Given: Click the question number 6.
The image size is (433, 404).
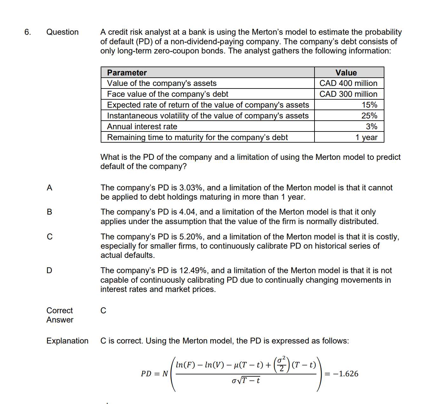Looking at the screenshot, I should click(x=28, y=32).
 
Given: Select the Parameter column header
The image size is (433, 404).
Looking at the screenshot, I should click(x=127, y=73).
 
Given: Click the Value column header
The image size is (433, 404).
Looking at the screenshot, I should click(x=346, y=73).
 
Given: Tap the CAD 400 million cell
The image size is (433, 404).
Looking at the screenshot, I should click(x=348, y=83).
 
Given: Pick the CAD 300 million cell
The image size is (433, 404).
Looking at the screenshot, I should click(x=348, y=94).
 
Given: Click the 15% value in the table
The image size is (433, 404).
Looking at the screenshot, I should click(x=369, y=105).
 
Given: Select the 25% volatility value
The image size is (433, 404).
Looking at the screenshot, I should click(x=369, y=116).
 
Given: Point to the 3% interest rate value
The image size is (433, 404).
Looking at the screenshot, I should click(x=371, y=126).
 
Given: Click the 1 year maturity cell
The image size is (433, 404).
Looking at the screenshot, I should click(x=366, y=137).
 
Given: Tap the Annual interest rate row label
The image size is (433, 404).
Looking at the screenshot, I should click(x=142, y=126).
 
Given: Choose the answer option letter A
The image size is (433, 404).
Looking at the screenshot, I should click(x=49, y=188).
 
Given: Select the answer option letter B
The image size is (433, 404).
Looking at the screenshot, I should click(x=49, y=212).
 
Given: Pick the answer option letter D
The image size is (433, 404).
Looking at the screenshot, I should click(x=49, y=270).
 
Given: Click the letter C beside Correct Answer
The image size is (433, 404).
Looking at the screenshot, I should click(x=103, y=310).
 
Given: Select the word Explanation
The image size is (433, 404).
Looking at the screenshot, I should click(x=67, y=341).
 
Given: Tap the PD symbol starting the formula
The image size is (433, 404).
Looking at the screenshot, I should click(x=146, y=374).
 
